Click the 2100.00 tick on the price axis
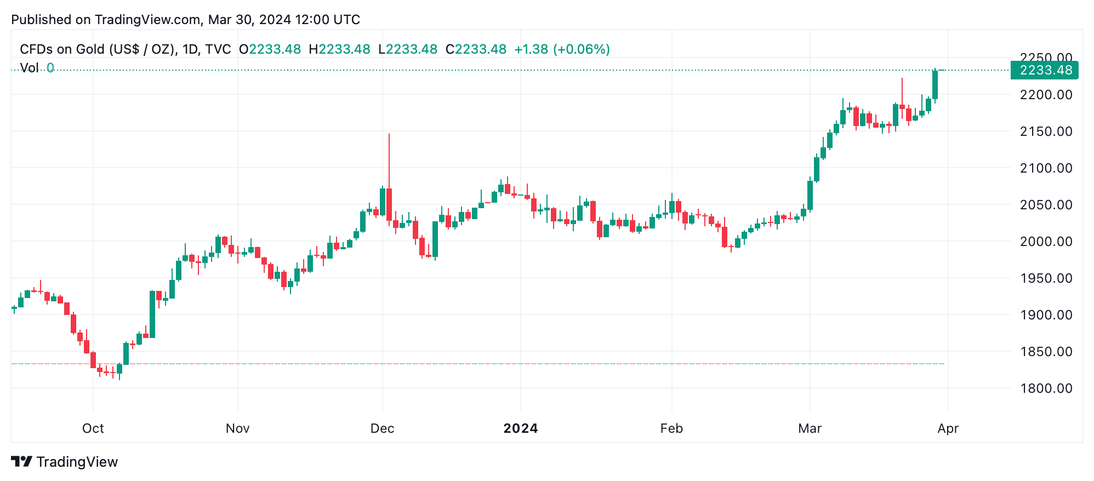coord(1046,168)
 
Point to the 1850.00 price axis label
coord(1046,352)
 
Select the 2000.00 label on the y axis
coord(1046,242)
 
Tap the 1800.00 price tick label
coord(1046,388)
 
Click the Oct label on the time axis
coord(93,428)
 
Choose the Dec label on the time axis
coord(382,428)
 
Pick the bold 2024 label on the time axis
coord(520,428)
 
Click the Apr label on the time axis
coord(948,428)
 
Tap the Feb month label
coord(671,428)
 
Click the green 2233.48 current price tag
coord(1045,70)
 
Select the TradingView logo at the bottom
coord(65,462)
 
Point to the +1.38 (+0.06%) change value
coord(562,49)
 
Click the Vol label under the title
coord(29,68)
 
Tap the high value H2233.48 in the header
coord(340,49)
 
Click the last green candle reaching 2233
coord(935,85)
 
